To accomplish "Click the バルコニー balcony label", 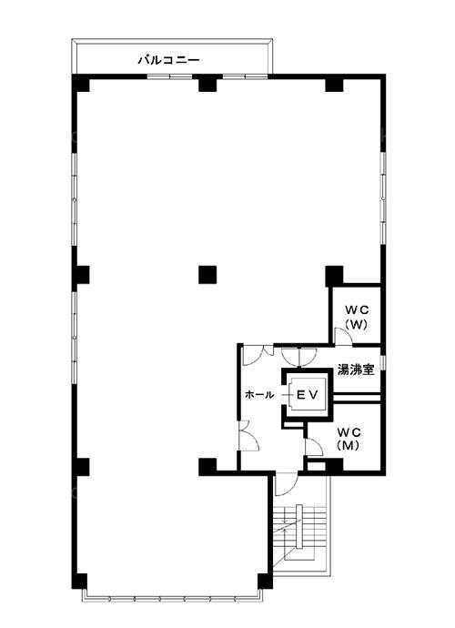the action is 168,60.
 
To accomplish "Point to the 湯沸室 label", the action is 356,370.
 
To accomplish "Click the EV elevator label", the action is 307,395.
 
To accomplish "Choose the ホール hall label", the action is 259,394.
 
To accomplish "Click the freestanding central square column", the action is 207,275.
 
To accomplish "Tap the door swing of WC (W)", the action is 343,337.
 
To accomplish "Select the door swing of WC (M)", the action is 314,447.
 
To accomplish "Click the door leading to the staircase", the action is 286,484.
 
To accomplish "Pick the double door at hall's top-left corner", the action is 258,355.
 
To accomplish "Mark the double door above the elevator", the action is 299,358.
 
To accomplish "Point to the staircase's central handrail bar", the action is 298,526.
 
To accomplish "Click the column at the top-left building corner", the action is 80,83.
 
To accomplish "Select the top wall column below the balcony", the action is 207,83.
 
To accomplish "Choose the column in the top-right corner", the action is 335,83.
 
